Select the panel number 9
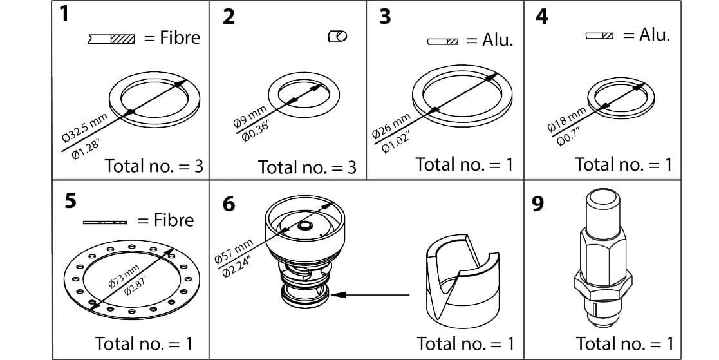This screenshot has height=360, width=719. click(537, 204)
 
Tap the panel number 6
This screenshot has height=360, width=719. click(228, 204)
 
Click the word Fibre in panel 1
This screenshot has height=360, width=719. click(180, 38)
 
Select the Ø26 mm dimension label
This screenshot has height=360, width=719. click(390, 125)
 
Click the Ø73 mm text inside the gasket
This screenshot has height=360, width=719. click(123, 276)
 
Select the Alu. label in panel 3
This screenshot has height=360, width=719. click(498, 41)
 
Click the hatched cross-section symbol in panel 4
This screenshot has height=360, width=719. click(599, 36)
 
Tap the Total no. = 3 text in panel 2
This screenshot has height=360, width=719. click(307, 168)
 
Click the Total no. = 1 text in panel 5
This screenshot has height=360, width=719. click(143, 343)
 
